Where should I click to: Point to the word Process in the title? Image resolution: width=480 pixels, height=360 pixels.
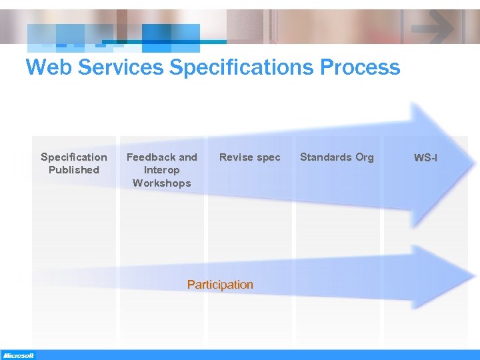[x=361, y=67]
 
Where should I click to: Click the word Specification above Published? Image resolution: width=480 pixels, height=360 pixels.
[x=73, y=157]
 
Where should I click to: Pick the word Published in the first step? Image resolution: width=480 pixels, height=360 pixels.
[x=73, y=170]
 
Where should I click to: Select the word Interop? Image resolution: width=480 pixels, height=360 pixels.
[x=161, y=170]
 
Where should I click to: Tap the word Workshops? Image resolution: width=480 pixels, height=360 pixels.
[x=161, y=183]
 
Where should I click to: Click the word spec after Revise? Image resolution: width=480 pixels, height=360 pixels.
[x=269, y=158]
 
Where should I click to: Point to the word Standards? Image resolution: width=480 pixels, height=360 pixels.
[x=325, y=157]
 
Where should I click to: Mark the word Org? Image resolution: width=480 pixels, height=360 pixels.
[x=364, y=158]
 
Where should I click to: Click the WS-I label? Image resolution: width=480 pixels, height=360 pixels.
[x=425, y=158]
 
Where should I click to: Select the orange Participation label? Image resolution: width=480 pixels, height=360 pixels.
[x=220, y=285]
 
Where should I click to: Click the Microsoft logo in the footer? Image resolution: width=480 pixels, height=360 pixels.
[x=18, y=355]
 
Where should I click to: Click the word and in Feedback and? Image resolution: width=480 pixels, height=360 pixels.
[x=188, y=157]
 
